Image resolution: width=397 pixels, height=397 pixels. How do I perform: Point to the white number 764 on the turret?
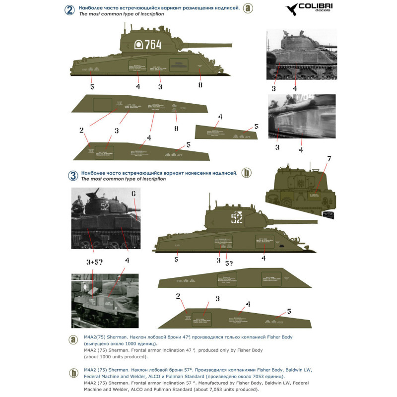pyautogui.click(x=153, y=45)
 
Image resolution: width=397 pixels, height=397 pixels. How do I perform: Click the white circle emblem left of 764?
pyautogui.click(x=139, y=45)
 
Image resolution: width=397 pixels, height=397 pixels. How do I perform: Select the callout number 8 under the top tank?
pyautogui.click(x=200, y=85)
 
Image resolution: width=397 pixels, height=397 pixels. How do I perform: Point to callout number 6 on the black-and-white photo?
pyautogui.click(x=133, y=194)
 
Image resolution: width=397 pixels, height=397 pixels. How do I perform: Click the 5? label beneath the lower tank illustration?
pyautogui.click(x=229, y=263)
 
